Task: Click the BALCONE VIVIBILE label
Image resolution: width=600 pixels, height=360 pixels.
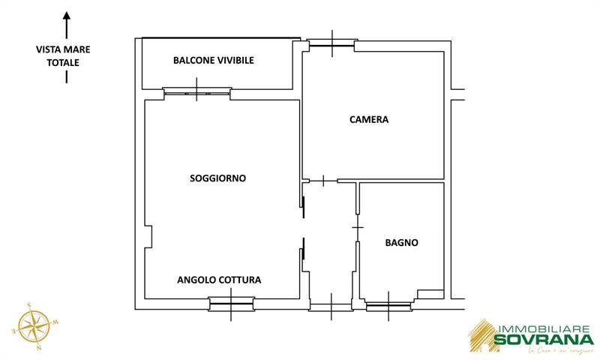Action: (x=213, y=60)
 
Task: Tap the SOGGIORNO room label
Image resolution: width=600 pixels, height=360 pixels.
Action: (x=217, y=178)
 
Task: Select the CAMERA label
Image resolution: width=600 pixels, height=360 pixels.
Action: (x=369, y=119)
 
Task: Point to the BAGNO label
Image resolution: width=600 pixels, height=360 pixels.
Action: (x=401, y=242)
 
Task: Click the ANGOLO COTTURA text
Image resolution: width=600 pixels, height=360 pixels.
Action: (x=219, y=280)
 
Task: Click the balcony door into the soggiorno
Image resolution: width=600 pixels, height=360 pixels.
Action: (x=197, y=92)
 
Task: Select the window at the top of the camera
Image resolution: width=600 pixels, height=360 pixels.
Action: (x=331, y=45)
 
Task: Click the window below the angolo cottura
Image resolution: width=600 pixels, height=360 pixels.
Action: (x=231, y=304)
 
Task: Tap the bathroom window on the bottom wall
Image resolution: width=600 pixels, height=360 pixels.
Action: (x=388, y=305)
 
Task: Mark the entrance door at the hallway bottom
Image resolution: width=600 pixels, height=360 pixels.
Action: (x=331, y=306)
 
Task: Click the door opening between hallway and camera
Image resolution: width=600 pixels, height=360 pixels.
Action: (x=323, y=181)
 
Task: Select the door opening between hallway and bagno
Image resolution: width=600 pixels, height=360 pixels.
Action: (x=358, y=226)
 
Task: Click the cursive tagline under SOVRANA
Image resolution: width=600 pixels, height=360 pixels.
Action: (x=559, y=352)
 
